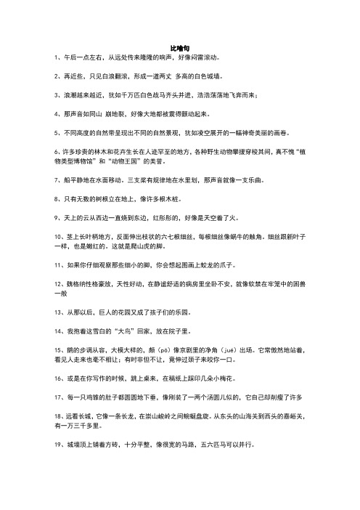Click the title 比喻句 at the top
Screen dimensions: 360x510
pos(179,45)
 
